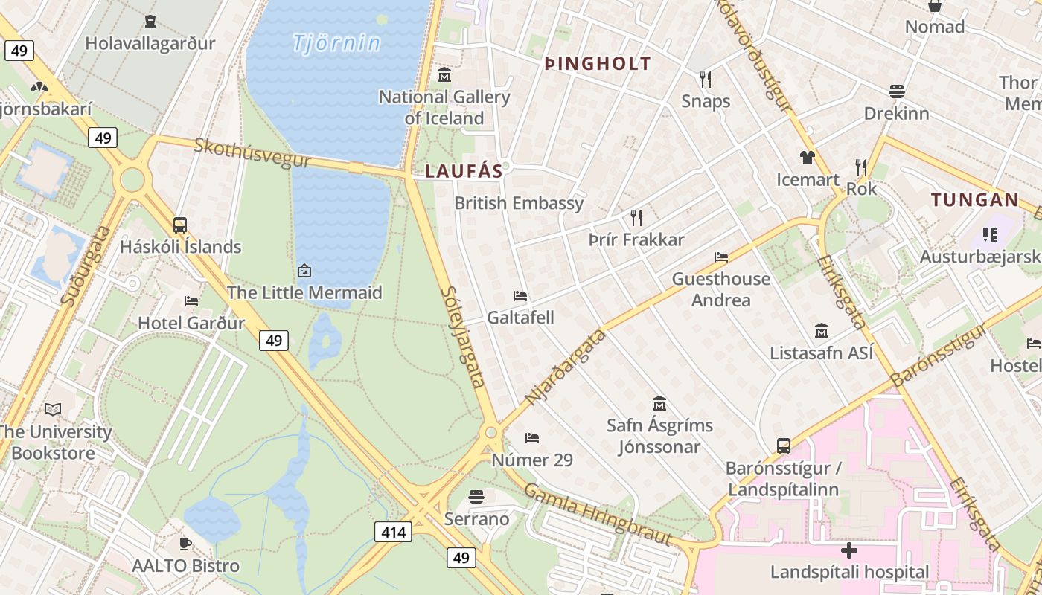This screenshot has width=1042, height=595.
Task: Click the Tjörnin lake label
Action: tap(336, 43)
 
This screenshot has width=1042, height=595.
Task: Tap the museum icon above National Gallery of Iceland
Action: tap(444, 74)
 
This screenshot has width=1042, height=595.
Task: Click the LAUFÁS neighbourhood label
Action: tap(464, 171)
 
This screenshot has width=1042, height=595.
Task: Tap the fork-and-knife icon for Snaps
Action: tap(706, 79)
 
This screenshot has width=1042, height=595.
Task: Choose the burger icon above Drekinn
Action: tap(897, 91)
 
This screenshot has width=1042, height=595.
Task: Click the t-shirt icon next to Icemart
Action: tap(808, 158)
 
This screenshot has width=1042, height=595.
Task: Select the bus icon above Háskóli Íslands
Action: tap(180, 225)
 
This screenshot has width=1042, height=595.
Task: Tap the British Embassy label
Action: tap(519, 203)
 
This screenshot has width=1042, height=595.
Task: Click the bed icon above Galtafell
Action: tap(520, 296)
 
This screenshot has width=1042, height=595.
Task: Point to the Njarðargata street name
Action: tap(566, 368)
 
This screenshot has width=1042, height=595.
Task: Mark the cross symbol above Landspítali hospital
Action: tap(849, 550)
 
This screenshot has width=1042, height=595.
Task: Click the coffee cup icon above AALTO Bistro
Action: tap(185, 544)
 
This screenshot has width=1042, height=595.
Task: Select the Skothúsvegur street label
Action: tap(242, 152)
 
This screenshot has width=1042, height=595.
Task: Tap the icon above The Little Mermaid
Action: tap(304, 271)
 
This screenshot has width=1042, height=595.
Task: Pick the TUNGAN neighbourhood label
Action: tap(975, 199)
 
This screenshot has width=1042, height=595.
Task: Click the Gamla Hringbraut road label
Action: tap(598, 515)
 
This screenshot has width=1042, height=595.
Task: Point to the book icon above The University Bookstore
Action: tap(53, 409)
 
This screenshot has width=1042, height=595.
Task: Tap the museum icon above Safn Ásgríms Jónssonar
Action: tap(659, 404)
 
